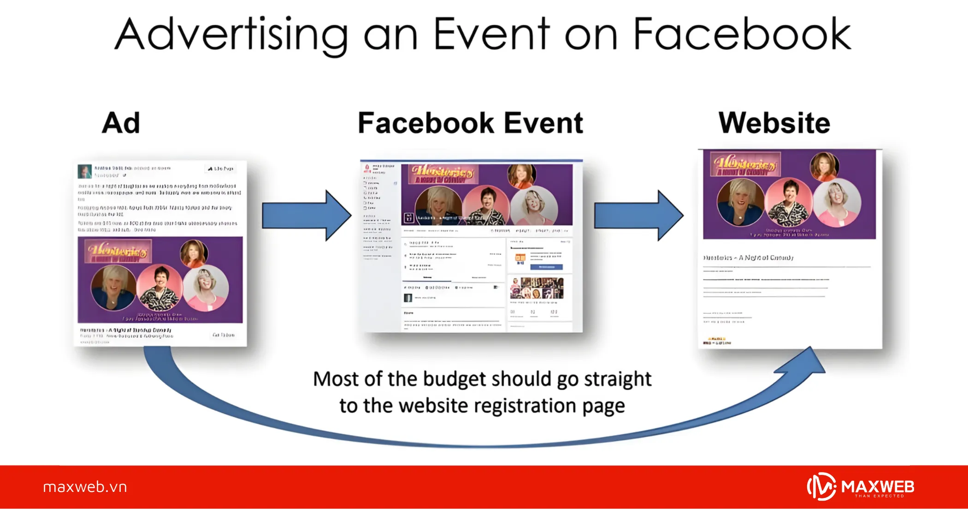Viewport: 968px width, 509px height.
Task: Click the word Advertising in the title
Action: click(230, 35)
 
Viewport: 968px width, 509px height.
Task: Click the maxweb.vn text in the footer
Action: click(85, 487)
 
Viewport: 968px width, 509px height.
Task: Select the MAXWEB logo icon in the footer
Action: click(821, 486)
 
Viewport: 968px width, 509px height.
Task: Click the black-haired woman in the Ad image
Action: click(160, 287)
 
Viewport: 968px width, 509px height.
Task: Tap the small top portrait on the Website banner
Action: click(824, 166)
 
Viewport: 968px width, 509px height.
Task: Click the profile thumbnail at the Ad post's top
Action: click(84, 171)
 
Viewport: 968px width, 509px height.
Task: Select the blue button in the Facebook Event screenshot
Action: click(546, 267)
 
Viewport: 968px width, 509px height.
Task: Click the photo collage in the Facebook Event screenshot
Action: click(537, 288)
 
